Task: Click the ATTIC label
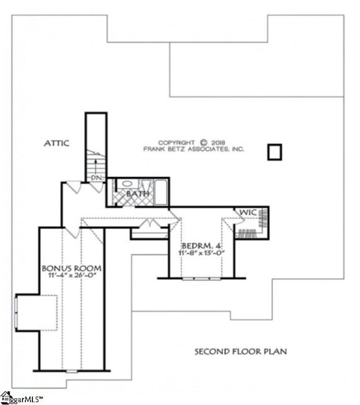click(55, 144)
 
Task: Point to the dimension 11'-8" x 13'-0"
click(201, 252)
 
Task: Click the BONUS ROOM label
click(71, 268)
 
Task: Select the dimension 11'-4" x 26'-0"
click(71, 276)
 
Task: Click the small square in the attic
click(274, 152)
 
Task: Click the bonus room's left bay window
click(17, 313)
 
